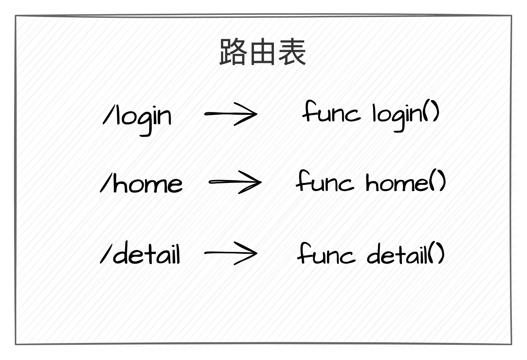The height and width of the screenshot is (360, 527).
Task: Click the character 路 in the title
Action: [x=234, y=52]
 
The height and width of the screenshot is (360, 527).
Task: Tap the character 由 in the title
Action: [x=262, y=52]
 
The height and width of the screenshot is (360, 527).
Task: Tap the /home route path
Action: [x=142, y=184]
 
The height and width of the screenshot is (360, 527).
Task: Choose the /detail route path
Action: [x=142, y=254]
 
